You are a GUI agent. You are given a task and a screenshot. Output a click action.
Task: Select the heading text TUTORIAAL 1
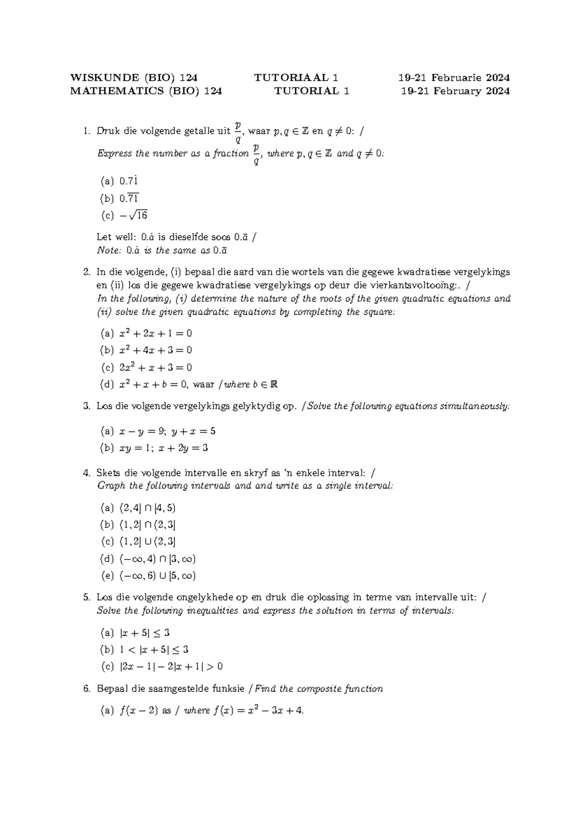(x=296, y=77)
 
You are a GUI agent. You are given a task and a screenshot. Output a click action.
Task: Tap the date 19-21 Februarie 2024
(x=454, y=77)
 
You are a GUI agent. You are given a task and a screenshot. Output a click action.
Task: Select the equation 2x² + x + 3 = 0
(x=155, y=368)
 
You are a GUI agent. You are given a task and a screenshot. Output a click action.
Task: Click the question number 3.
(x=86, y=406)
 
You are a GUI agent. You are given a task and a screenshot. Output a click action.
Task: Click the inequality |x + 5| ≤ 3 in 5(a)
(x=144, y=633)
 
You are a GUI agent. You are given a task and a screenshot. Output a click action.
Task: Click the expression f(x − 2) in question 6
(x=139, y=711)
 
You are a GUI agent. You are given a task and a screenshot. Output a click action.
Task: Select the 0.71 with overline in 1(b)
(x=129, y=198)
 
